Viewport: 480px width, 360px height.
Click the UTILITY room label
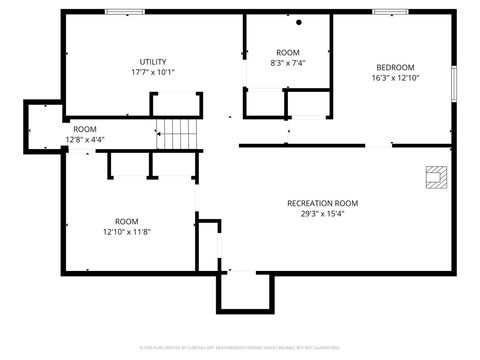(153, 61)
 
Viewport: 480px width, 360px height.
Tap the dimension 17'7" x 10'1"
(153, 72)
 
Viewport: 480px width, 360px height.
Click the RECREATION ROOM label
(322, 203)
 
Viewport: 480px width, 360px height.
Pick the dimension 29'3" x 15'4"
(322, 214)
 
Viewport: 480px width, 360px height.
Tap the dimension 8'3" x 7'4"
(288, 63)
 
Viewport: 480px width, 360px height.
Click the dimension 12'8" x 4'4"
(85, 139)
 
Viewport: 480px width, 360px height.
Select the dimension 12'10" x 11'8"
(126, 232)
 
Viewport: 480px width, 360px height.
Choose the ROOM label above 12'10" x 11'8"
(126, 221)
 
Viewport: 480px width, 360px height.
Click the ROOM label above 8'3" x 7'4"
(288, 52)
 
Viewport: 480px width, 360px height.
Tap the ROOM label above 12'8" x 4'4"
(85, 129)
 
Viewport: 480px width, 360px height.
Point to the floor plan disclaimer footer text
(240, 347)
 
